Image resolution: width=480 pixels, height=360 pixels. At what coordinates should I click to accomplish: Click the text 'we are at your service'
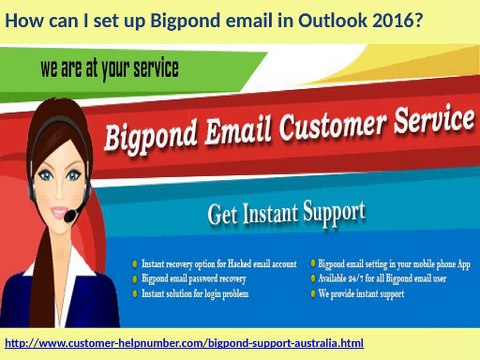click(110, 71)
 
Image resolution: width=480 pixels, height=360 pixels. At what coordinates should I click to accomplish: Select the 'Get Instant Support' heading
click(286, 214)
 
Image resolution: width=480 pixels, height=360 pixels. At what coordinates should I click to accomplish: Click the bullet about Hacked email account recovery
click(219, 263)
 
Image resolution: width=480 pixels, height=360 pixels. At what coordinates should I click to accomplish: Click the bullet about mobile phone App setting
click(392, 263)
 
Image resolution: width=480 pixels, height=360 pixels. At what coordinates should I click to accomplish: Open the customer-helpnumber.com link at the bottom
click(184, 343)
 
